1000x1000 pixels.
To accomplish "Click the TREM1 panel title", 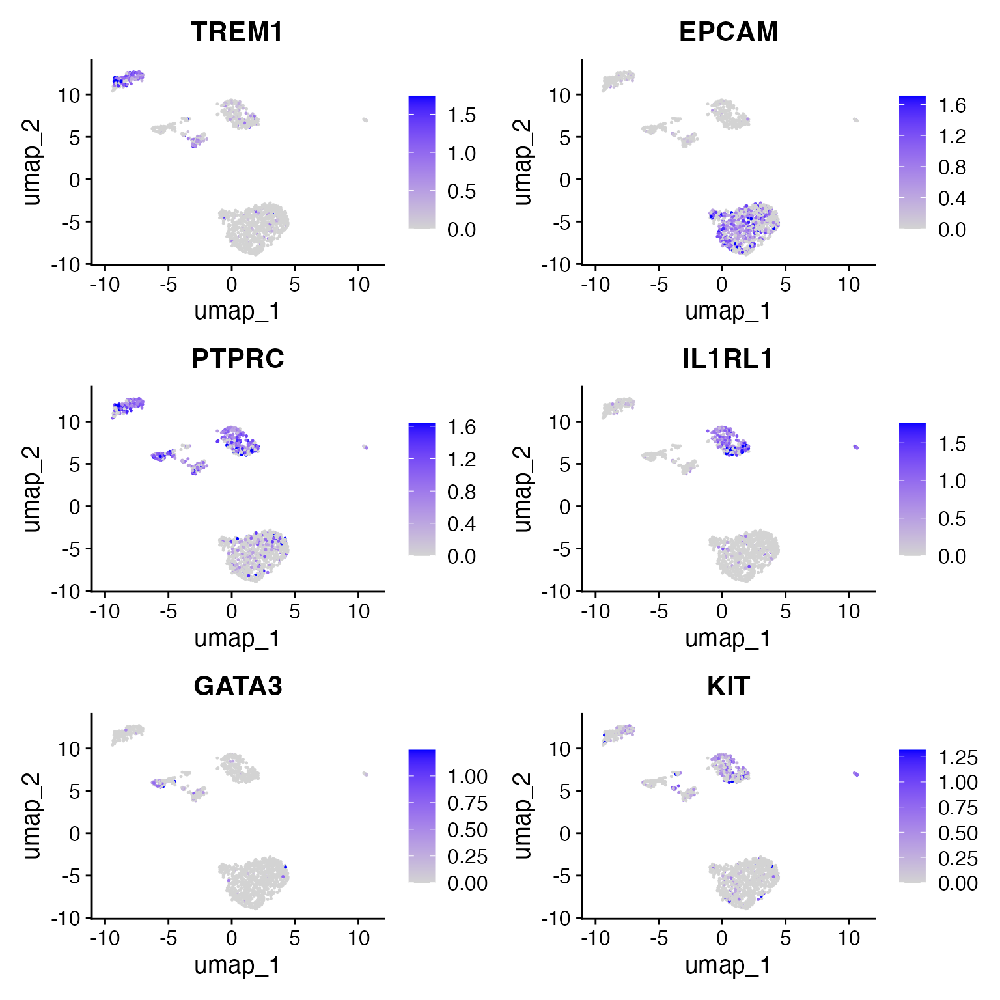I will [x=237, y=32].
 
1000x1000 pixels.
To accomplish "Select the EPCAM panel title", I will [x=728, y=32].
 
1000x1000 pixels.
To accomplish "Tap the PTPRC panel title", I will [x=238, y=359].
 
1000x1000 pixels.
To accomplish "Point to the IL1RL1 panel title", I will [x=728, y=359].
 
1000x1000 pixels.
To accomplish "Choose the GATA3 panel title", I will [x=238, y=686].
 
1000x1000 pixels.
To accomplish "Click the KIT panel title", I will [x=728, y=686].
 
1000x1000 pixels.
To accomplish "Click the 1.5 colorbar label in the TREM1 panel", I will [x=462, y=115].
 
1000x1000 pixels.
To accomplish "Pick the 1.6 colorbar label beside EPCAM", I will [x=952, y=105].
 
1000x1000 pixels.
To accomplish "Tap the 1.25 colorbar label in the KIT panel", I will [x=958, y=758].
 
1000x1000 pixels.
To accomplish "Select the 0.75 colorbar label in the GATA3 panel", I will [x=467, y=803].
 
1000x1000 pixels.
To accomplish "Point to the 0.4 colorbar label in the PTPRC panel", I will [x=462, y=524].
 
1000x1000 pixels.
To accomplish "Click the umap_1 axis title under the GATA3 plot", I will [x=238, y=965].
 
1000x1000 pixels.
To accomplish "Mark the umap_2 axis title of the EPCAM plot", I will [x=522, y=162].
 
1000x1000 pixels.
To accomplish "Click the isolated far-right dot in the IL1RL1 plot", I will [x=855, y=447].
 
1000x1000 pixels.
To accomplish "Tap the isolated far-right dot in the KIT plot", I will [x=855, y=773].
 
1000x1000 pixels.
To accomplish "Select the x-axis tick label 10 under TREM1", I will [x=359, y=285].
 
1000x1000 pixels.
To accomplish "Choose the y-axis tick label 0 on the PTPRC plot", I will [x=75, y=507].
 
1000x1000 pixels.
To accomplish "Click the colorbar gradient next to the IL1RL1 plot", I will [x=912, y=489].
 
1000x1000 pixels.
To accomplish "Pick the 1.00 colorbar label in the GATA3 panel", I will [x=467, y=777].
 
